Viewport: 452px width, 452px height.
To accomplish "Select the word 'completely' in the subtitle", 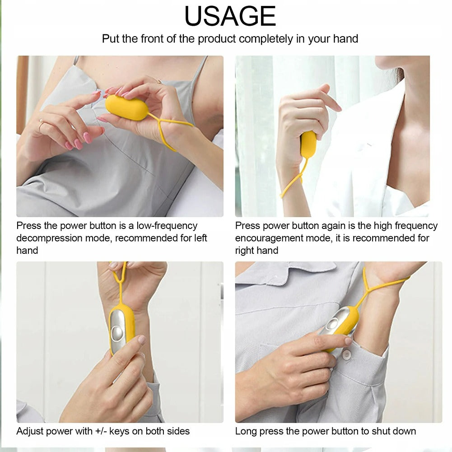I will [266, 39].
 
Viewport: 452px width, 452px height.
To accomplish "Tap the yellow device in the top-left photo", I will [126, 108].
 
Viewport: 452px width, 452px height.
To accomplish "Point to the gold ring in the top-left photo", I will [41, 125].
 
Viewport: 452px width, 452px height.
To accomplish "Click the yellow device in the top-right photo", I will [308, 144].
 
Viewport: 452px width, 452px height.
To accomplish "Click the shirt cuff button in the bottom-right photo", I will [346, 355].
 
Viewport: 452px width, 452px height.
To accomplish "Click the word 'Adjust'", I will [30, 431].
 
